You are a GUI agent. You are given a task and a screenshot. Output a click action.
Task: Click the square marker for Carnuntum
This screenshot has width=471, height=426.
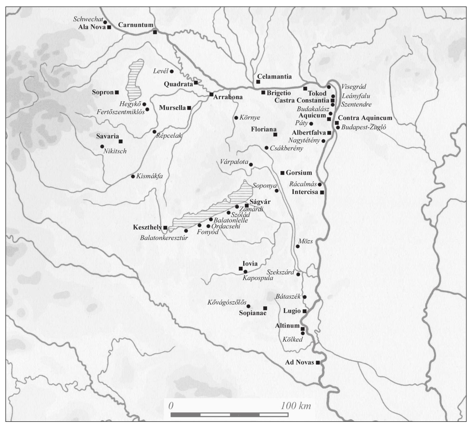[x=155, y=32]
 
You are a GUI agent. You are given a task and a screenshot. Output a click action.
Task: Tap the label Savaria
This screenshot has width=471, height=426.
[x=107, y=136]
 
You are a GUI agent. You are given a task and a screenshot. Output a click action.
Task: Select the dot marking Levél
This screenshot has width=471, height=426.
[x=172, y=71]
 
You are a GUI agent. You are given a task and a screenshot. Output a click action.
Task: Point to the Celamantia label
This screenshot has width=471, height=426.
[x=274, y=76]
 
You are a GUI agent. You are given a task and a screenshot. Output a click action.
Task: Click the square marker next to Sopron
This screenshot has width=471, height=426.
[x=117, y=92]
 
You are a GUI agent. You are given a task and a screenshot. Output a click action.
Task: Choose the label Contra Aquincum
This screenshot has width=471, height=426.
[x=365, y=118]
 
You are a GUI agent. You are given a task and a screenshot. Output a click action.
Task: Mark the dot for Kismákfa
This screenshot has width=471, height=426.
[x=133, y=176]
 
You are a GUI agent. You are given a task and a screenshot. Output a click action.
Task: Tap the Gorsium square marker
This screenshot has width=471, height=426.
[x=282, y=173]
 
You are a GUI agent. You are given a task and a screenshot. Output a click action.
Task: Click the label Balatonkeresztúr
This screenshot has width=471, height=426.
[x=164, y=238]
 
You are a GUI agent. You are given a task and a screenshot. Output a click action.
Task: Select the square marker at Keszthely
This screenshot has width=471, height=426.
[x=165, y=228]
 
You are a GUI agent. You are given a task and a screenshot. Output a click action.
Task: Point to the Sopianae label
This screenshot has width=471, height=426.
[x=253, y=313]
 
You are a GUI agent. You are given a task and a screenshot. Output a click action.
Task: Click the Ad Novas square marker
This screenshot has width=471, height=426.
[x=318, y=363]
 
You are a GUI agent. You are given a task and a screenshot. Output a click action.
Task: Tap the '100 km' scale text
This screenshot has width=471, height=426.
[x=296, y=406]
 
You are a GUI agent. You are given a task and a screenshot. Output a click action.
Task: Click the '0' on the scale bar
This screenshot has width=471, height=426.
[x=171, y=406]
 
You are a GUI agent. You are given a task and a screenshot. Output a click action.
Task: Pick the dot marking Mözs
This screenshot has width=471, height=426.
[x=298, y=246]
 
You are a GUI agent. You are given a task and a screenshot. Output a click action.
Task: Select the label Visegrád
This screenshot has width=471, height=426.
[x=354, y=87]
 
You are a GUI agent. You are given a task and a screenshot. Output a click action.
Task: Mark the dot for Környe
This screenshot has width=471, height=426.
[x=236, y=118]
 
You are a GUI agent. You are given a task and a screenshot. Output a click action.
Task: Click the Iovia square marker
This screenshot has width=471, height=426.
[x=241, y=269]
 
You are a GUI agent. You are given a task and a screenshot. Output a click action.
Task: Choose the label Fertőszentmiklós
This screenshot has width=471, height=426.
[x=121, y=112]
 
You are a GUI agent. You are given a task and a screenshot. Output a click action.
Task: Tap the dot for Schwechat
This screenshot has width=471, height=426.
[x=105, y=22]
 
